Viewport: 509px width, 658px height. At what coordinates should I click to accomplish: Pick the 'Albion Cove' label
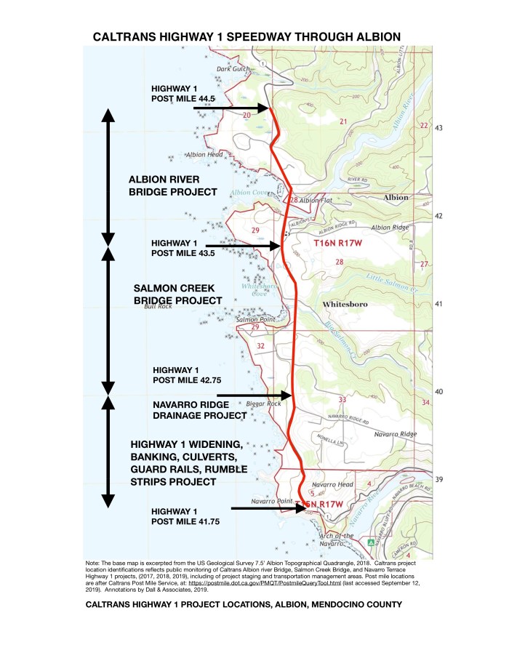point(247,193)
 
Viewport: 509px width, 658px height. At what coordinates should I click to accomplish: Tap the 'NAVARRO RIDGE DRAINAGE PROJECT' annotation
point(199,409)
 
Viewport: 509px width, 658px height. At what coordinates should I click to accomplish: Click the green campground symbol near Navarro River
point(371,542)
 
